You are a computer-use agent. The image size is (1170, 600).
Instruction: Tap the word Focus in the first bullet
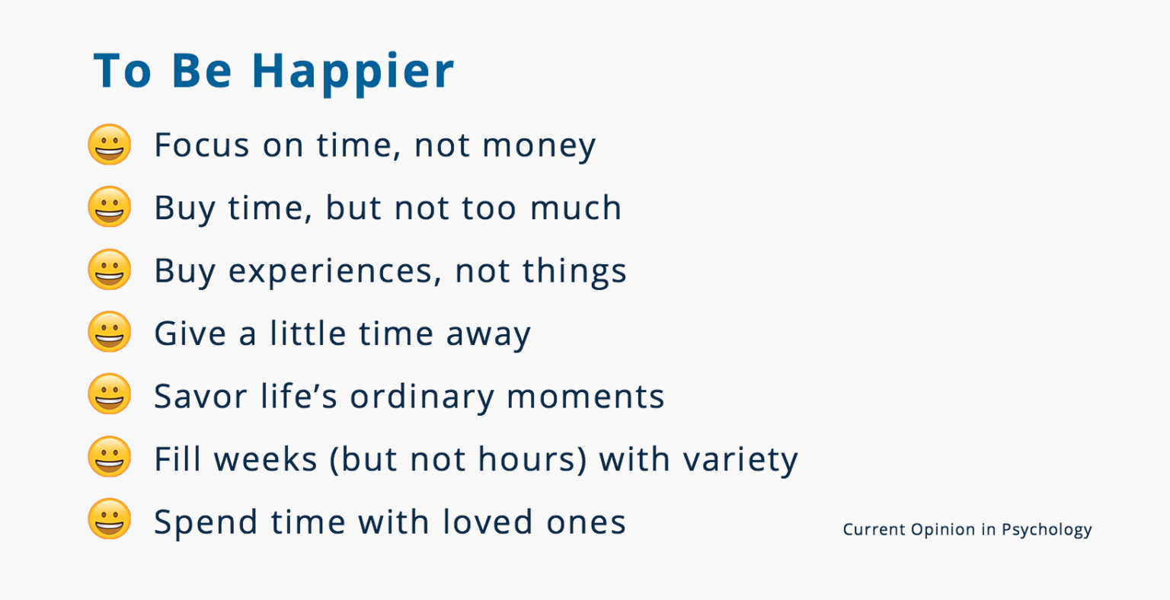click(x=202, y=145)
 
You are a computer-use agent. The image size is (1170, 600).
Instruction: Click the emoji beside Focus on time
click(x=110, y=145)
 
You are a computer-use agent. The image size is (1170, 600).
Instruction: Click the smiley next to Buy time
click(x=110, y=207)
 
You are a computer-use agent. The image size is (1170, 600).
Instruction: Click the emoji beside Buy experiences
click(x=110, y=270)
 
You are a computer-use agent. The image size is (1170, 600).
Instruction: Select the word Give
click(x=190, y=334)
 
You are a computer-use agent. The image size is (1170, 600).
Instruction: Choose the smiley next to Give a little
click(x=110, y=333)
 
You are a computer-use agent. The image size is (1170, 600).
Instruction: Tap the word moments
click(x=585, y=397)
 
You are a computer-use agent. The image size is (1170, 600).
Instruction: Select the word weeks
click(x=264, y=459)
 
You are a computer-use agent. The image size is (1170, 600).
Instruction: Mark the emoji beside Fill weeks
click(x=110, y=458)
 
